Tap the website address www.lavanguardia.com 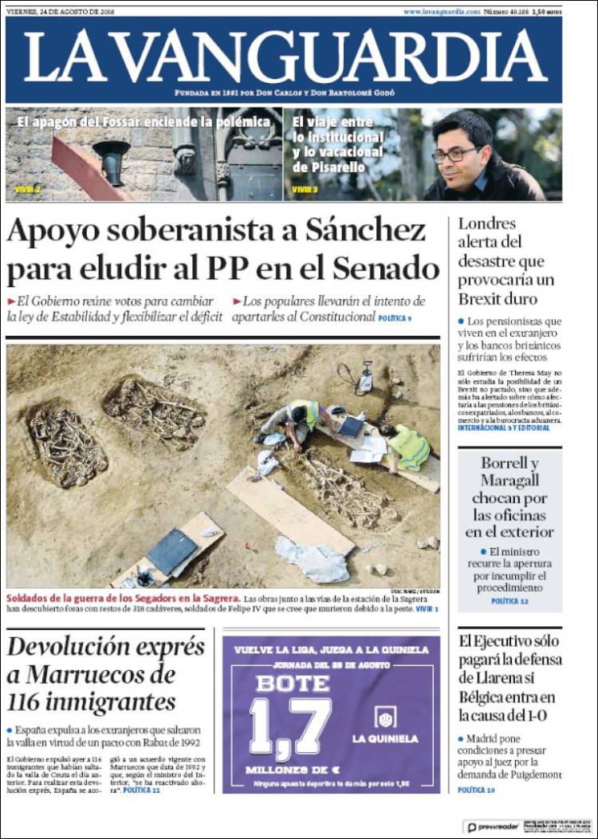tap(442, 12)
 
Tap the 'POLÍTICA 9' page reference tap(395, 317)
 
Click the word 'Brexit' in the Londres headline tap(486, 299)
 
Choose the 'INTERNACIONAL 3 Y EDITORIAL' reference tap(503, 427)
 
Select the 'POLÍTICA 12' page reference tap(509, 600)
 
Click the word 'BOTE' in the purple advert tap(293, 683)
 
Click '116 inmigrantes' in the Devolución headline tap(92, 702)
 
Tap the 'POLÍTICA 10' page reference tap(476, 790)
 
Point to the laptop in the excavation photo tap(351, 427)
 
